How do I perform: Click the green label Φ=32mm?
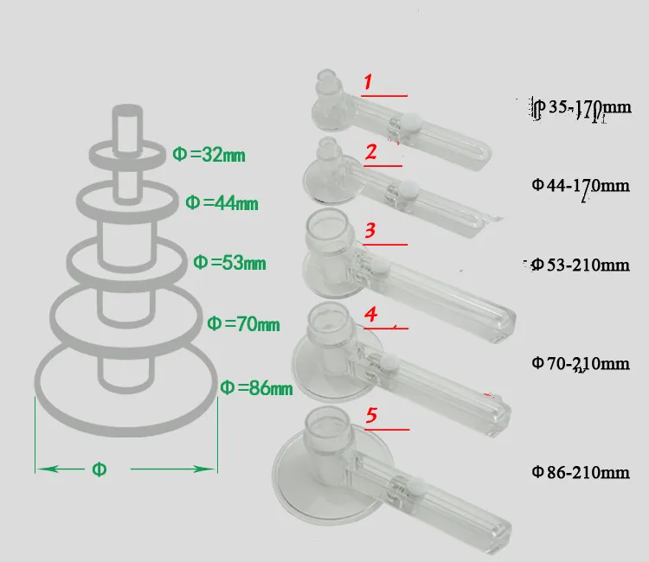tap(209, 156)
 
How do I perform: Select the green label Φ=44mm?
tap(222, 203)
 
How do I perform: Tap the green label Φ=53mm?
tap(229, 262)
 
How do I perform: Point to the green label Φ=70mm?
tap(243, 324)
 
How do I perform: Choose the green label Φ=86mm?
tap(257, 387)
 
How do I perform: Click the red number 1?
tap(368, 83)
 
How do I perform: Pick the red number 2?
tap(370, 153)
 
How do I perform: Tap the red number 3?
tap(369, 231)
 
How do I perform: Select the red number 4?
tap(370, 316)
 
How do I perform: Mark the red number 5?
tap(371, 416)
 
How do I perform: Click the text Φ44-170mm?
tap(579, 185)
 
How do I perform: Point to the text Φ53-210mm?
tap(579, 264)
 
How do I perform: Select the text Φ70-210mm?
tap(579, 363)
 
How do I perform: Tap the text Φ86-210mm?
tap(579, 472)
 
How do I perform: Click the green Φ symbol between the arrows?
tap(100, 469)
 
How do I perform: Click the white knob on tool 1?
tap(414, 124)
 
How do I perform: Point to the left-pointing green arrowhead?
tap(45, 469)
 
